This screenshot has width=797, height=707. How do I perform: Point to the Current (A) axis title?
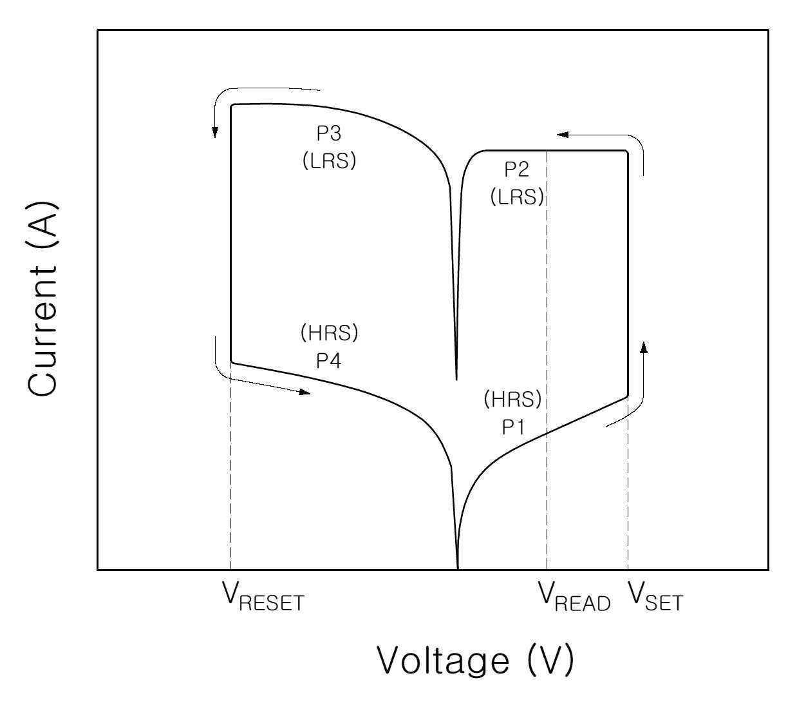[43, 298]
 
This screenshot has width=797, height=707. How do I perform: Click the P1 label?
[513, 427]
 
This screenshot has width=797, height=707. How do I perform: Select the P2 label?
[517, 169]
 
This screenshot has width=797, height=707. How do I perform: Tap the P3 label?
[329, 133]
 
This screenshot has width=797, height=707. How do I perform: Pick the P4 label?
[329, 360]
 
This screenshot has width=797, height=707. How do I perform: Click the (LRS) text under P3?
[329, 160]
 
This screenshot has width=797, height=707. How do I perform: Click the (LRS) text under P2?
[518, 197]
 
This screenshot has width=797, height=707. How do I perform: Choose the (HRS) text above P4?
[329, 333]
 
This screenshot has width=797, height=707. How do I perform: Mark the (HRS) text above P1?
[512, 399]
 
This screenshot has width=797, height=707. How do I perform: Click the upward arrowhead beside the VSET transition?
[644, 347]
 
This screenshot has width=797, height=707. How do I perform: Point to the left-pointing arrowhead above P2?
[563, 135]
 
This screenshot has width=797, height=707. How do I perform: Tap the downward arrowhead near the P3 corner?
[215, 133]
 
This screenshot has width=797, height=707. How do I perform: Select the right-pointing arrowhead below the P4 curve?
[305, 392]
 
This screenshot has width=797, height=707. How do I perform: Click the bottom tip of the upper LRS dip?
[456, 380]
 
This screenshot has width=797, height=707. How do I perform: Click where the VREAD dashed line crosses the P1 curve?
[547, 434]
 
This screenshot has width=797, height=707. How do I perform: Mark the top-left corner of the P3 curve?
[231, 105]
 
